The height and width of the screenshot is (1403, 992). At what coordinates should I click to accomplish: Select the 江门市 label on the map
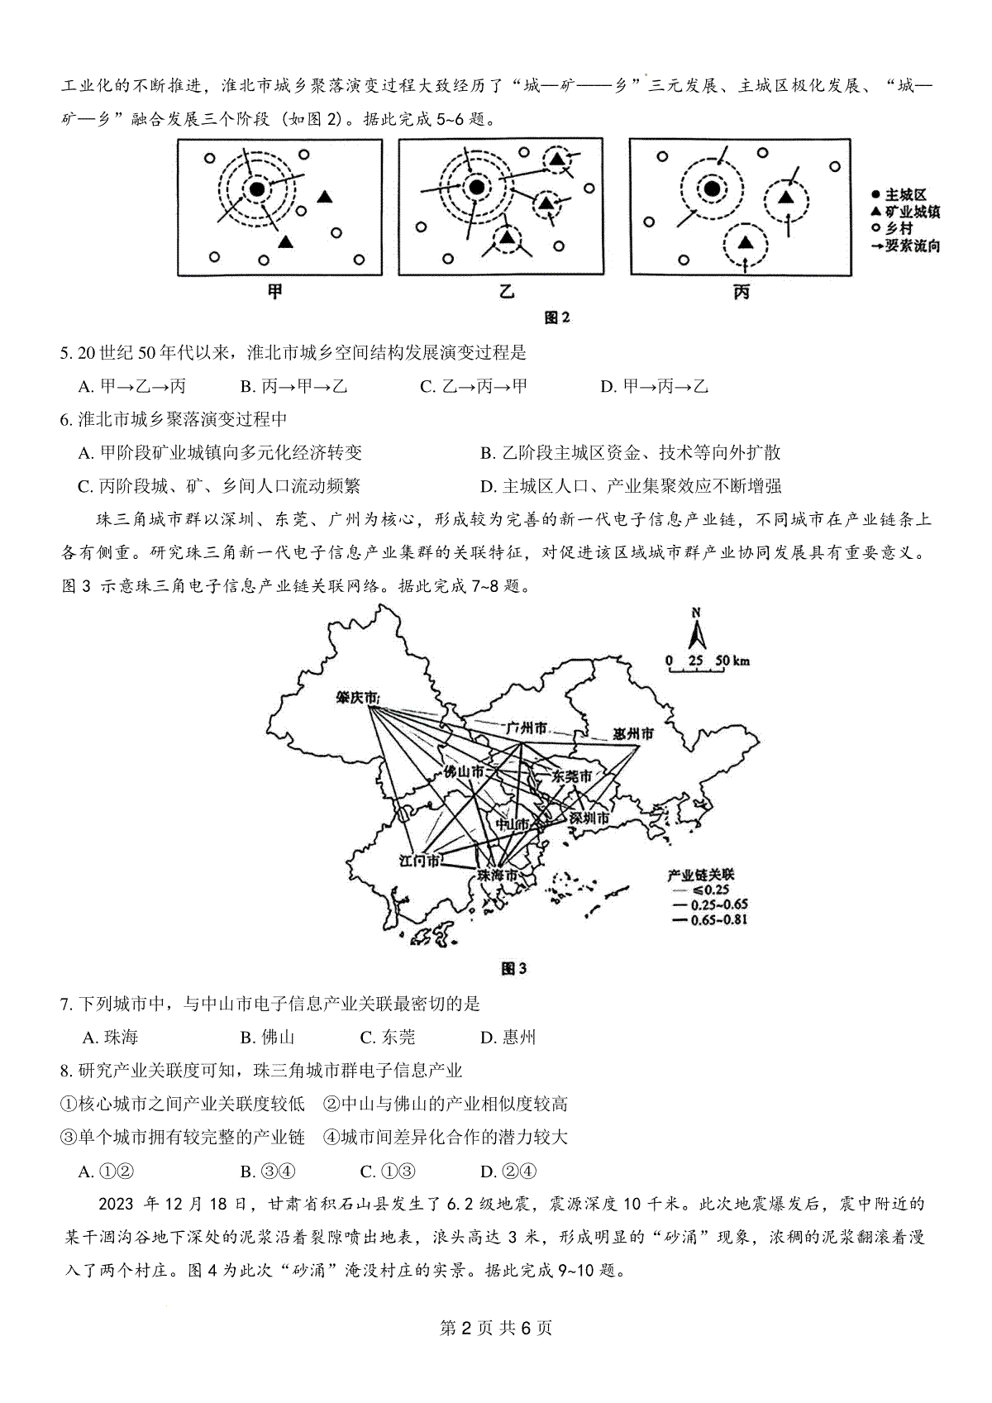click(x=419, y=861)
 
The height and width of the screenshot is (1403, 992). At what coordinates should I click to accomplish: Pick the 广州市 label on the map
click(x=526, y=728)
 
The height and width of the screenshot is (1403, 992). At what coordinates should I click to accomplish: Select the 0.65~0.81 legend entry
click(x=709, y=919)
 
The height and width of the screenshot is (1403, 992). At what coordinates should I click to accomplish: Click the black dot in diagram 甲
click(x=256, y=190)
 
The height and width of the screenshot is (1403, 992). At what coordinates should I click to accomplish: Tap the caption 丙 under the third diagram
click(x=741, y=292)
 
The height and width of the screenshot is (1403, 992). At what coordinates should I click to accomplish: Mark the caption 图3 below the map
click(x=513, y=968)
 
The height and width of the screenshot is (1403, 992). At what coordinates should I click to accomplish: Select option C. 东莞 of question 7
click(x=388, y=1038)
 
